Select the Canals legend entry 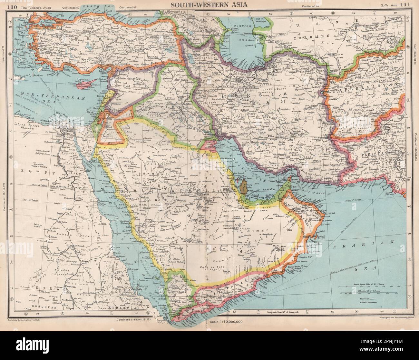(x=365, y=304)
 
